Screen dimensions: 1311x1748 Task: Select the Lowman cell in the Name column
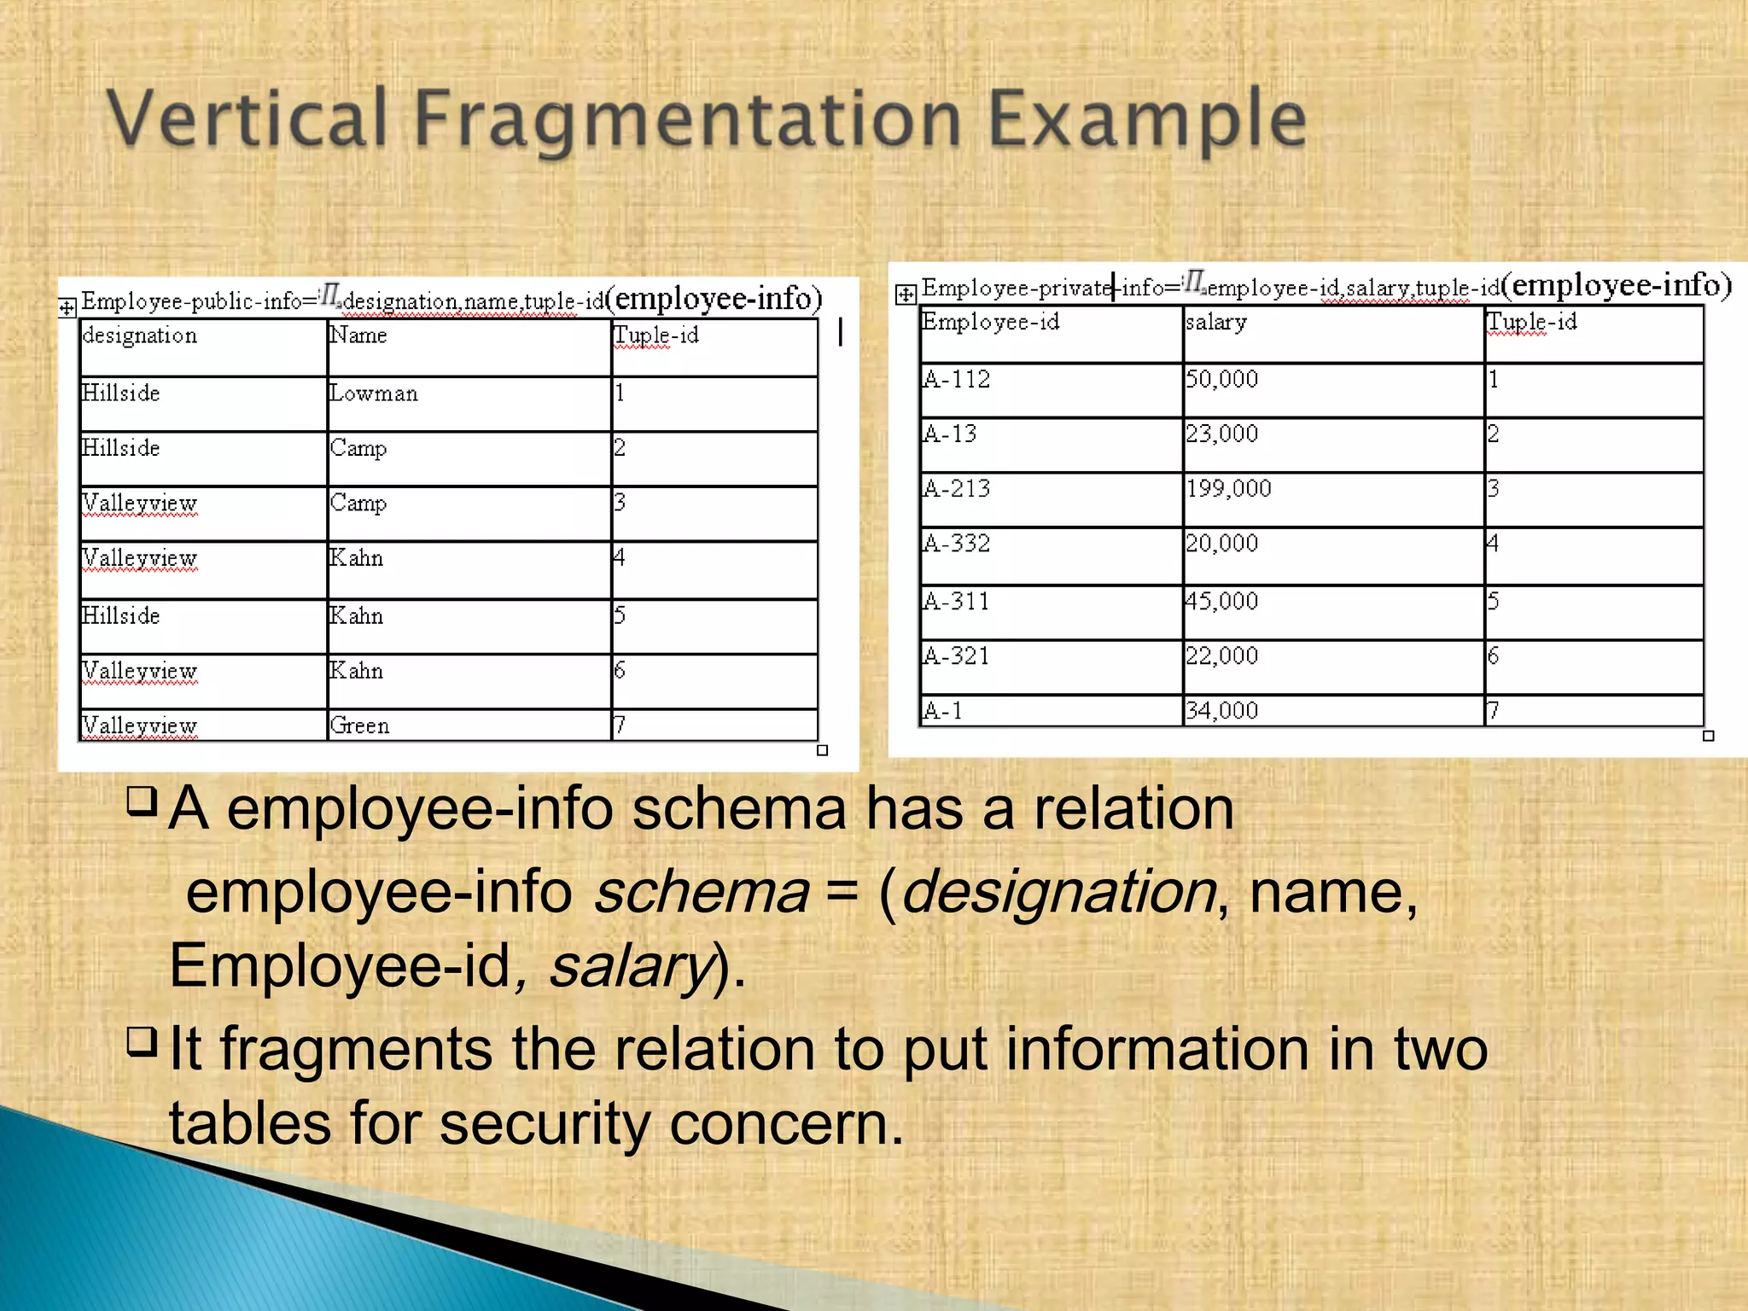click(374, 394)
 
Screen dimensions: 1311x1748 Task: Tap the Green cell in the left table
click(359, 725)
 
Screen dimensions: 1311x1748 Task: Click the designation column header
click(140, 336)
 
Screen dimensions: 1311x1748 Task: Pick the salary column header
click(1216, 323)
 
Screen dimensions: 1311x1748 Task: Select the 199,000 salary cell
click(1228, 489)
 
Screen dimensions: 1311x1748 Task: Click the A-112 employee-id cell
click(957, 380)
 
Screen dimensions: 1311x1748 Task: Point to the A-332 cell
click(957, 544)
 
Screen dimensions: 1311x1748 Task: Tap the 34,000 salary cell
click(1221, 711)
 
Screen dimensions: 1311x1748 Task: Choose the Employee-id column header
click(991, 323)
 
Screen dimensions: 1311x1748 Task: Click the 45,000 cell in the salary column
click(1221, 602)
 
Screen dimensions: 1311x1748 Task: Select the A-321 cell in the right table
click(957, 656)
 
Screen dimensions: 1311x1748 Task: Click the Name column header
click(358, 336)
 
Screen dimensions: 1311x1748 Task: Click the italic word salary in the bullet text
click(630, 967)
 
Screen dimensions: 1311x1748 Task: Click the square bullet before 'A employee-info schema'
click(142, 800)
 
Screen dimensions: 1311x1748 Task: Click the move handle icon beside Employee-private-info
click(906, 295)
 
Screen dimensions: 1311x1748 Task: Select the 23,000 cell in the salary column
click(1221, 434)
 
